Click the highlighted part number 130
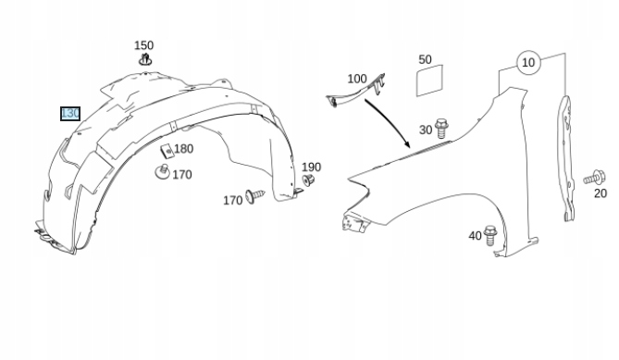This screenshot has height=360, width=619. click(x=70, y=114)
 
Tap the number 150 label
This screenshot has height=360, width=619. click(x=143, y=45)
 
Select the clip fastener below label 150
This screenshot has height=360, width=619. click(x=145, y=59)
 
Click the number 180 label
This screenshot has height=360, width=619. click(x=183, y=149)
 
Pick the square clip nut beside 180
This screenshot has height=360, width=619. click(x=167, y=151)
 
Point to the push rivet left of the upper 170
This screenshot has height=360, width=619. click(x=162, y=172)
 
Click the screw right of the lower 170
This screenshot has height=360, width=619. click(x=255, y=195)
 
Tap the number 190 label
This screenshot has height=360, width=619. click(x=311, y=167)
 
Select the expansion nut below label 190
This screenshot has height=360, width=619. click(x=308, y=180)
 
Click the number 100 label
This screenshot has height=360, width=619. click(x=357, y=79)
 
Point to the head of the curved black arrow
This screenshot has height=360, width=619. click(x=407, y=145)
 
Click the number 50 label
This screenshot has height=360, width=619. click(x=425, y=59)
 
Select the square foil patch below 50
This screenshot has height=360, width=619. click(x=430, y=81)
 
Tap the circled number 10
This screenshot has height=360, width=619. click(x=528, y=62)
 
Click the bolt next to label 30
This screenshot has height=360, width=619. click(x=441, y=129)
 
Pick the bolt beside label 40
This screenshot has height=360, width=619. click(x=489, y=235)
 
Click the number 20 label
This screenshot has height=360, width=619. click(x=600, y=193)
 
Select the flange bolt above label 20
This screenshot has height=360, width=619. click(x=595, y=178)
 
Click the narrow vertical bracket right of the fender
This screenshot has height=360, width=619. click(x=566, y=158)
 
